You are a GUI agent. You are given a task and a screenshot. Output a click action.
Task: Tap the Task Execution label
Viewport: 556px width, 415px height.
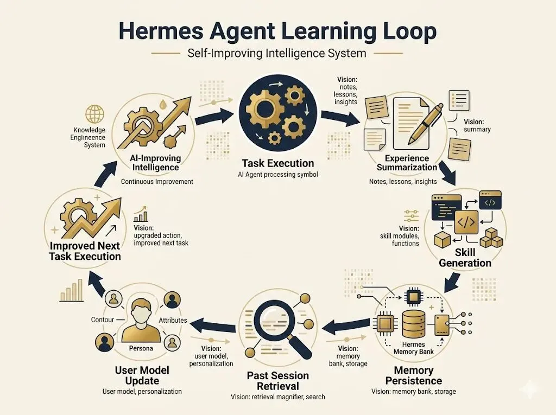tap(278, 163)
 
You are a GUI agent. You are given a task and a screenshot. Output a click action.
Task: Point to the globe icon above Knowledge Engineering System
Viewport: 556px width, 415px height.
tap(94, 114)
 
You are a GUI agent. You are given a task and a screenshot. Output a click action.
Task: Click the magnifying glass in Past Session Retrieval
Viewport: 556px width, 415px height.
tap(271, 320)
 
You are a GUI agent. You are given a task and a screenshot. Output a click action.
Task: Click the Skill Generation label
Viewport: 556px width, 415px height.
tap(465, 258)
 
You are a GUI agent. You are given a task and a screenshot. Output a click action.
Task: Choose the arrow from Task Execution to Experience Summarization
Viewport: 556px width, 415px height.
tap(340, 117)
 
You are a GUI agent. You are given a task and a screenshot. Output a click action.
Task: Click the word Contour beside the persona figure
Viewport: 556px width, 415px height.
tap(103, 320)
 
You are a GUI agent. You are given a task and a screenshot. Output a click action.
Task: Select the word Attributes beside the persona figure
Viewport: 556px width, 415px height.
tap(173, 321)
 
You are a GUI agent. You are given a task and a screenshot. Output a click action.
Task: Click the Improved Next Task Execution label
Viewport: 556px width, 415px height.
tap(85, 250)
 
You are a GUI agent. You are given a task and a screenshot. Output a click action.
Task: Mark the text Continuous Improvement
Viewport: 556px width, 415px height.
tap(156, 182)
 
